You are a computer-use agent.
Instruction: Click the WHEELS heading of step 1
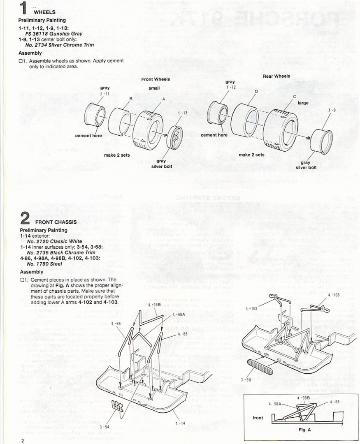44,12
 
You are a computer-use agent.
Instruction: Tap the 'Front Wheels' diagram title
156,79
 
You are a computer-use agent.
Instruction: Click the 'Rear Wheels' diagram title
276,76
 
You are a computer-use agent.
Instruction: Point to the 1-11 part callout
105,94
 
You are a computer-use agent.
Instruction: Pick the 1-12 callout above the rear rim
230,88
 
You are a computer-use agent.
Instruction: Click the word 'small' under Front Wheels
154,88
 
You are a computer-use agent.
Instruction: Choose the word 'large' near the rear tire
303,103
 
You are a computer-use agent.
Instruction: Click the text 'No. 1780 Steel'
44,264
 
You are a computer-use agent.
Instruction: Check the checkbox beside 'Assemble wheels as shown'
21,61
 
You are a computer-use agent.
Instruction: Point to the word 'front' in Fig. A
258,418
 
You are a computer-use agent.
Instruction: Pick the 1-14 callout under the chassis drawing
180,423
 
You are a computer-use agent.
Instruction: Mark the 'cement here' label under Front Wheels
88,136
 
